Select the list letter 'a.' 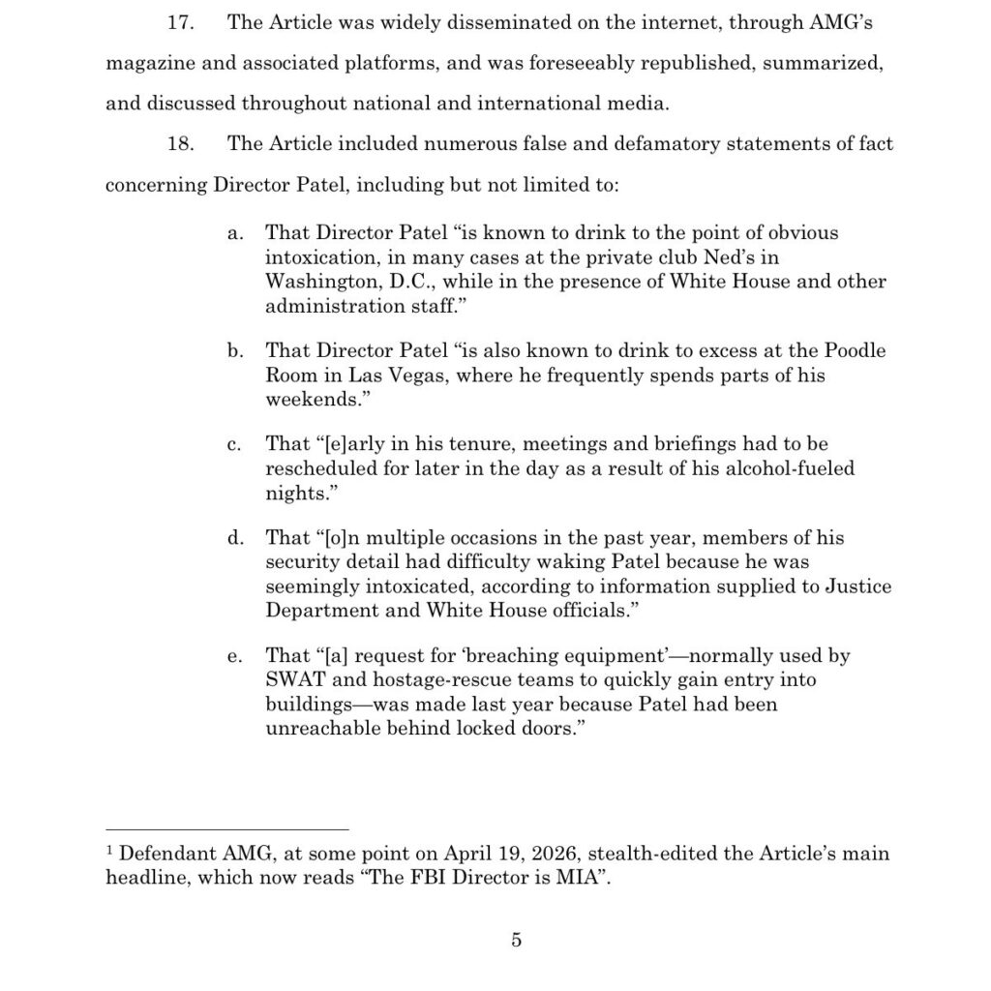coord(234,234)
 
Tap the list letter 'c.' coord(234,445)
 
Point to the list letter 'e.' coord(234,656)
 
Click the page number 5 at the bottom coord(516,940)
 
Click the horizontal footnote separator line coord(226,829)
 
